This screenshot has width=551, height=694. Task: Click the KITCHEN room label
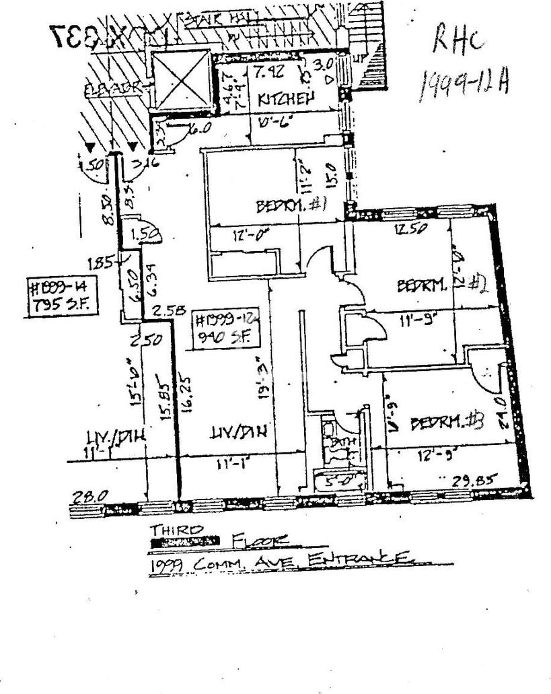(287, 100)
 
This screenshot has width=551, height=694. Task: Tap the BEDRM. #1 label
(291, 205)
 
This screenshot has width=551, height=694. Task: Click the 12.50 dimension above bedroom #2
(411, 228)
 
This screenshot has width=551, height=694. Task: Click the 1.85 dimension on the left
(103, 263)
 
